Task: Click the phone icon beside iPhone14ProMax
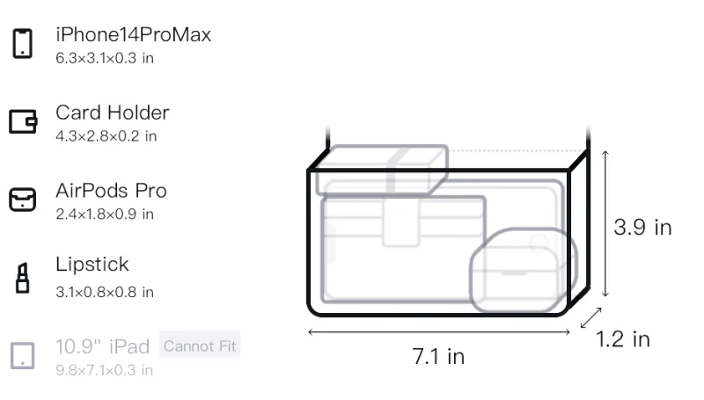[23, 43]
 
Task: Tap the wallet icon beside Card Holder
[23, 121]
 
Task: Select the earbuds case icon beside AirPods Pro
[23, 200]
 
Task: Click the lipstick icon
[23, 278]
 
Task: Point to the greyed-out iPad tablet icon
[23, 356]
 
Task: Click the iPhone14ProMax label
[134, 34]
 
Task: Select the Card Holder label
[113, 113]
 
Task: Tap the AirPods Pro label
[111, 191]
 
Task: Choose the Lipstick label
[92, 264]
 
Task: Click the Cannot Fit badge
[200, 345]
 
